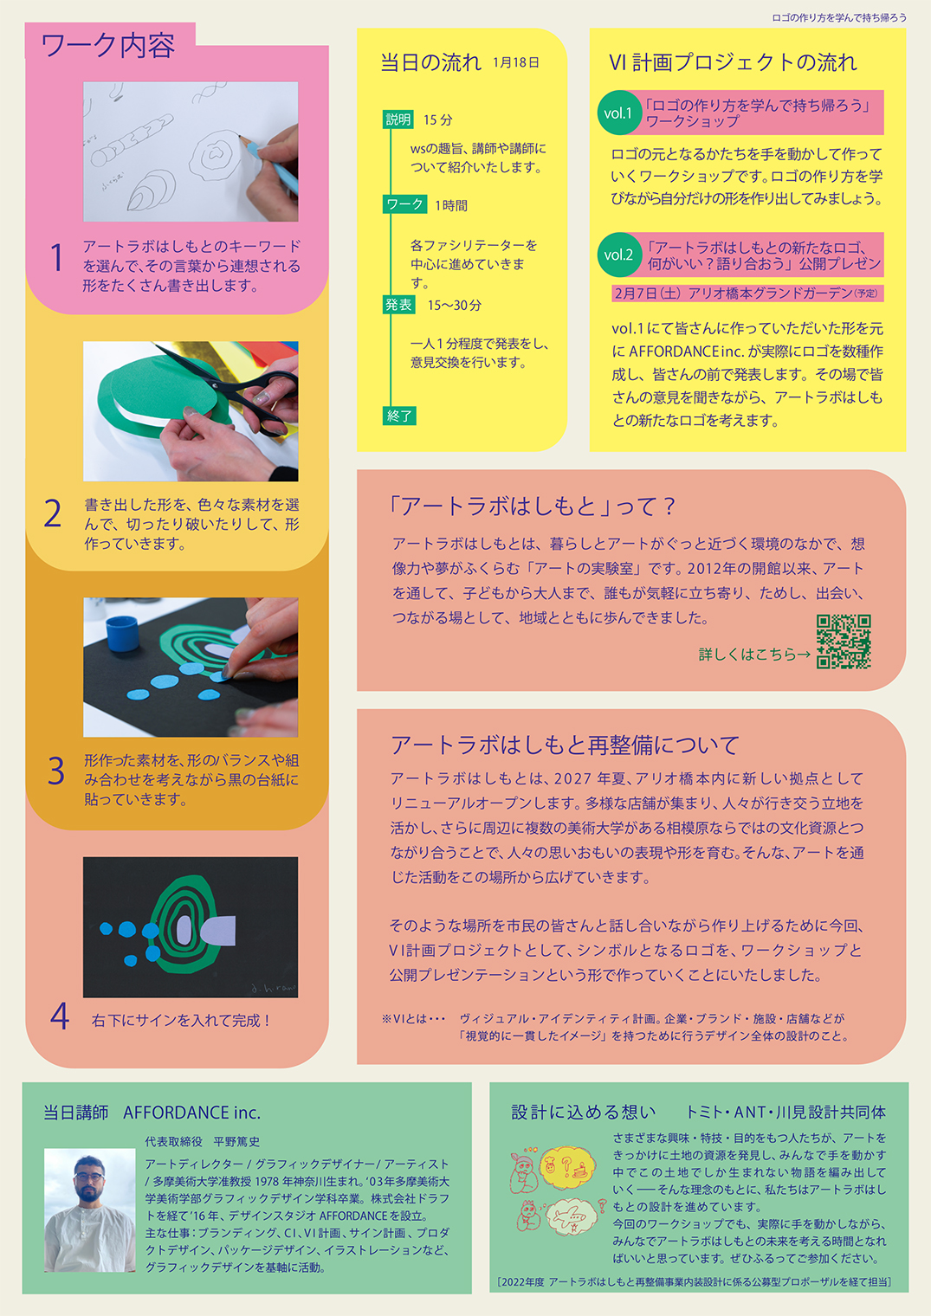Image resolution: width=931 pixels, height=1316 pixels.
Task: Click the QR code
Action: [844, 642]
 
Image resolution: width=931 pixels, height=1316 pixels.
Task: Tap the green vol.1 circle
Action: [618, 113]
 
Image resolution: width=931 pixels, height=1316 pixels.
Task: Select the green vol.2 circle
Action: [618, 255]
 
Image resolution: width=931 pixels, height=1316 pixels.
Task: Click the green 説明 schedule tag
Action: [398, 119]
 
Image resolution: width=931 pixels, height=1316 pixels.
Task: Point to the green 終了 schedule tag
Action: [399, 416]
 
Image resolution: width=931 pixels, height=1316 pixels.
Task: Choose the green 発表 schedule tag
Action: [398, 305]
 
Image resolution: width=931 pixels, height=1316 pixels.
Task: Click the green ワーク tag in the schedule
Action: [404, 204]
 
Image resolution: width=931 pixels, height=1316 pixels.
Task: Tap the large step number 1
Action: [56, 258]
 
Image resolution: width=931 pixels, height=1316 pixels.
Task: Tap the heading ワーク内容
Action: [108, 46]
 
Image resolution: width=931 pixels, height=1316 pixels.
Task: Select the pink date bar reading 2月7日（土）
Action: [747, 294]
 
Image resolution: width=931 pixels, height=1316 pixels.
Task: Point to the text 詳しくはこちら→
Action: [754, 655]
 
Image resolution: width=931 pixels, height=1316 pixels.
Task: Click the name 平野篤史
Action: [236, 1141]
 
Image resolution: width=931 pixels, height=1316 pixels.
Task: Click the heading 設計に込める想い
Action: [583, 1113]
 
